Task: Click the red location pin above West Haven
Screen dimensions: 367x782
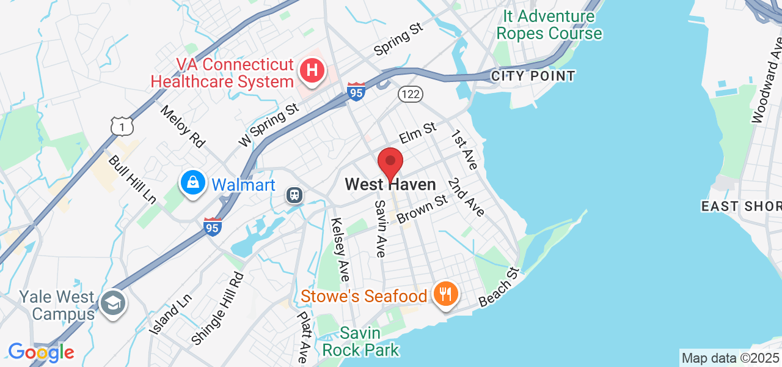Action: [390, 163]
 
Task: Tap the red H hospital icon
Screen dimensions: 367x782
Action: [312, 71]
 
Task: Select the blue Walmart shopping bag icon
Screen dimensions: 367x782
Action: [193, 183]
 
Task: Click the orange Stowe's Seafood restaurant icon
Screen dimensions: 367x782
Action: [446, 295]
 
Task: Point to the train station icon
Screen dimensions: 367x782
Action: [295, 195]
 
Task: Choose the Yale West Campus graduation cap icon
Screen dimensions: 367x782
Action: [112, 303]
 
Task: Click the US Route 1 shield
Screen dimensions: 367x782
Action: [122, 126]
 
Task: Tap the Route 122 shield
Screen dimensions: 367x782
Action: [411, 94]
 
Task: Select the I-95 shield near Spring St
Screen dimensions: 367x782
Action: [356, 92]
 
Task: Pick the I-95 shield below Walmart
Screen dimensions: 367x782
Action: [212, 227]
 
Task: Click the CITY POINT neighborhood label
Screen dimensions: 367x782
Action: [533, 76]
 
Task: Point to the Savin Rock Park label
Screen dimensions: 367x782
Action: [360, 342]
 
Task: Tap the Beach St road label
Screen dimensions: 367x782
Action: [499, 287]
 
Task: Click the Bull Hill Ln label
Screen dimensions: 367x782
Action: [132, 179]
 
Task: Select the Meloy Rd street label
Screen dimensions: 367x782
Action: [182, 125]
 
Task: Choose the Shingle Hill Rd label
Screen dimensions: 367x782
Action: [217, 308]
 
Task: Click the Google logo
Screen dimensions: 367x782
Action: [41, 352]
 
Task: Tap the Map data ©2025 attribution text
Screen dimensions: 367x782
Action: [730, 358]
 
